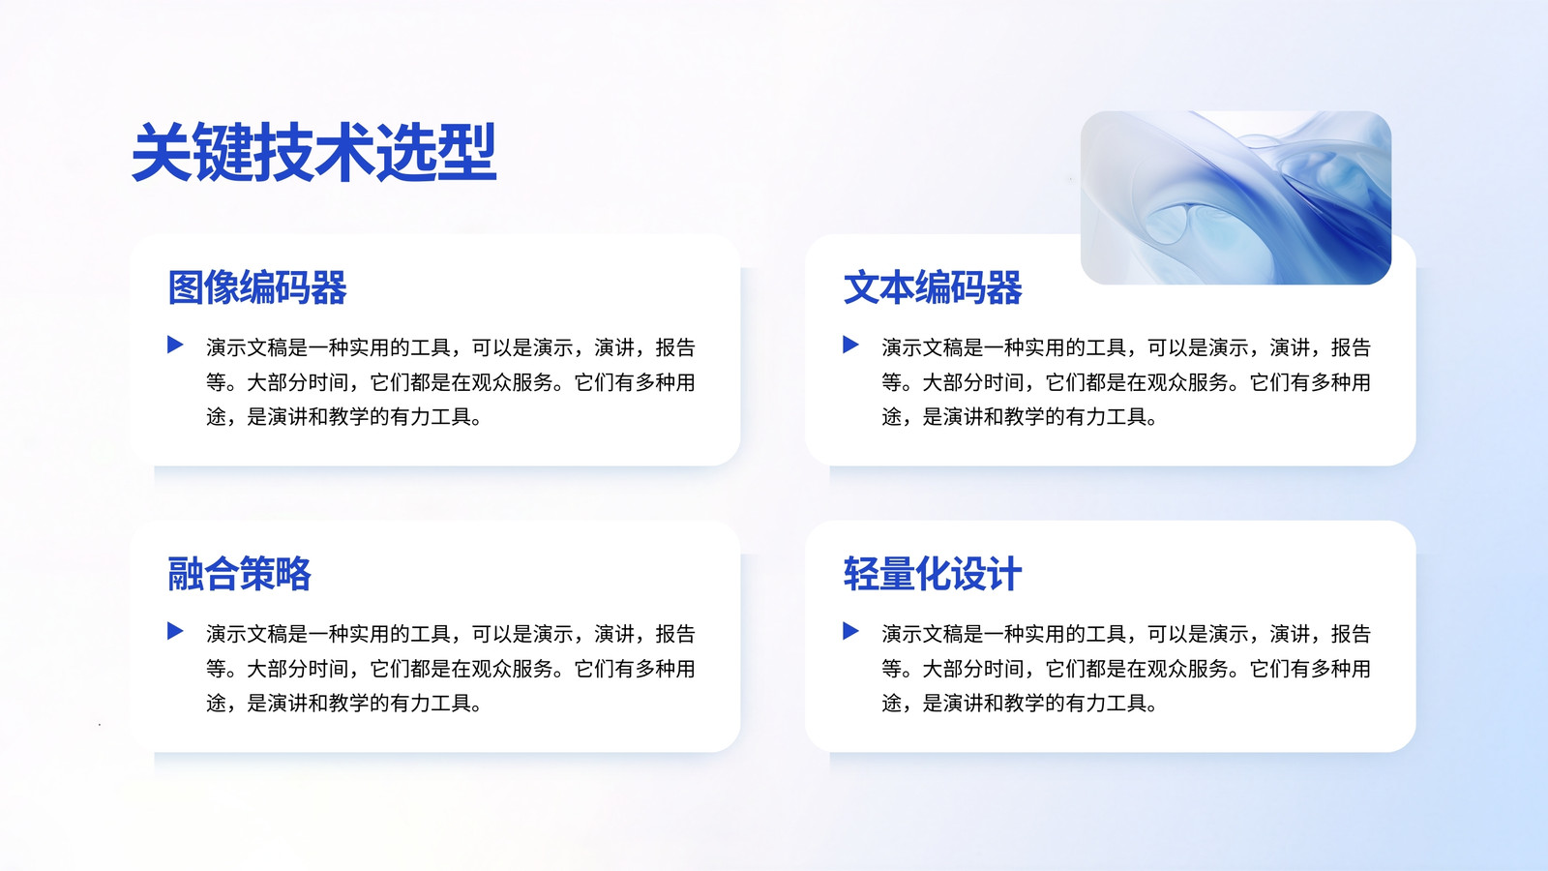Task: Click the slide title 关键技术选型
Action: click(x=313, y=152)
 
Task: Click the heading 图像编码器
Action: click(x=257, y=287)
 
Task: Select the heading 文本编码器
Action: click(x=933, y=287)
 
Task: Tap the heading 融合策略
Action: click(x=239, y=574)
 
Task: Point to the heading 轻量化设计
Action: click(x=933, y=574)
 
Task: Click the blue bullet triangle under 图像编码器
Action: click(x=175, y=345)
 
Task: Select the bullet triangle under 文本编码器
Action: click(x=850, y=345)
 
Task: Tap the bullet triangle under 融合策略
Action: click(x=175, y=630)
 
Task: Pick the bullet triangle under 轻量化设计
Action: click(x=850, y=630)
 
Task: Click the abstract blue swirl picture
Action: click(x=1235, y=197)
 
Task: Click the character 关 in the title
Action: click(x=162, y=152)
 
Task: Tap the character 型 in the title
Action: click(x=466, y=152)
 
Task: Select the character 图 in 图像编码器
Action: click(x=186, y=287)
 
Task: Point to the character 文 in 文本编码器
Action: click(x=861, y=287)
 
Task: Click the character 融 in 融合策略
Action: click(x=186, y=574)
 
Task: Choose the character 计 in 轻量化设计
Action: click(x=1004, y=574)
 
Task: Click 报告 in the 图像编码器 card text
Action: click(x=675, y=347)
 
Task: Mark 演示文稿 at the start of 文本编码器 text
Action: click(x=923, y=347)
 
